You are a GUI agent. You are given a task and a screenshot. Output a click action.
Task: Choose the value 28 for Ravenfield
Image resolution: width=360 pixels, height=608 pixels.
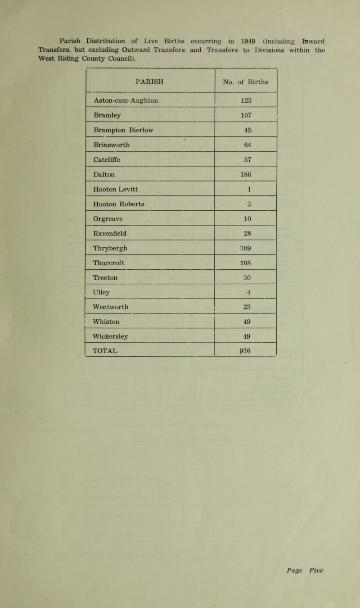pos(246,233)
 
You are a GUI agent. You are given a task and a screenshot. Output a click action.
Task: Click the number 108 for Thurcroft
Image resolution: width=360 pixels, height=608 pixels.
pos(246,262)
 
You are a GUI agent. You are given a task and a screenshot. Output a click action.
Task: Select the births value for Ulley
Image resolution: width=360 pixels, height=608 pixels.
pos(246,291)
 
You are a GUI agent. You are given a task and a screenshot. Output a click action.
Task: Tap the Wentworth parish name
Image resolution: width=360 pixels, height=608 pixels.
pos(112,306)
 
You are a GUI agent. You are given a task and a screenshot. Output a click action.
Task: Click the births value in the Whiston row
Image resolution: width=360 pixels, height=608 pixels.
pos(246,322)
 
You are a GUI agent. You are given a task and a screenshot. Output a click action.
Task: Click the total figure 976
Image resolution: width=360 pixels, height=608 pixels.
pos(246,351)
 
